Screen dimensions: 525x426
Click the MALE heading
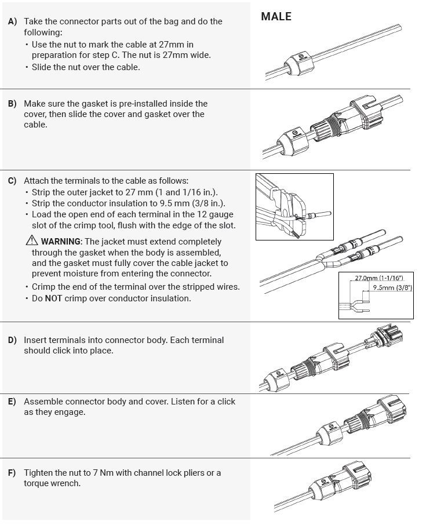point(276,17)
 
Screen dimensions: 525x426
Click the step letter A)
point(12,21)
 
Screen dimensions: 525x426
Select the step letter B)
point(12,104)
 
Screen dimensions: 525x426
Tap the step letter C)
point(12,181)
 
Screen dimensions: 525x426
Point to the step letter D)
point(12,340)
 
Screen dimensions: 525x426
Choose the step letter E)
point(12,402)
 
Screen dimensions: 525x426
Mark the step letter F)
point(12,473)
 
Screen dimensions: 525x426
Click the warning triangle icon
point(31,240)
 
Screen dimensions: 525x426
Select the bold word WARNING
point(61,242)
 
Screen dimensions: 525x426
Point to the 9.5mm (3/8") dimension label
point(392,287)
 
